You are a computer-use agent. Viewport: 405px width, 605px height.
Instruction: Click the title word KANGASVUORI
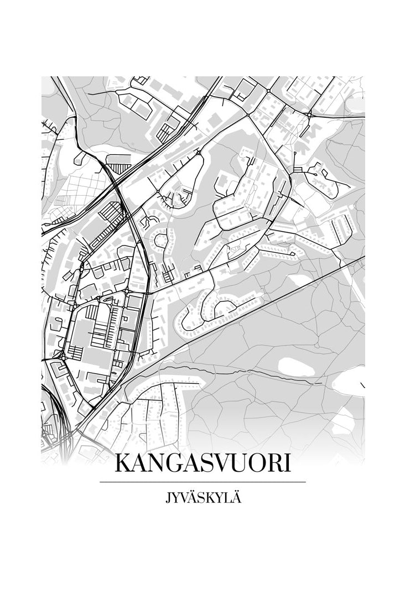202,463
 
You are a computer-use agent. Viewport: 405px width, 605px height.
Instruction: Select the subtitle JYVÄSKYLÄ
202,498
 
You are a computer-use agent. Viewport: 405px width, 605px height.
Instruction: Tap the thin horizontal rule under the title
202,482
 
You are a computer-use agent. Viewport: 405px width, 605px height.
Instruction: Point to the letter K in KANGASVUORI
122,463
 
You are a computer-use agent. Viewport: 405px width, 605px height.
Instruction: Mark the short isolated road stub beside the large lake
363,385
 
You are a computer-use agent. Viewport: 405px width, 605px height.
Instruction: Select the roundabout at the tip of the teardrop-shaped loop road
198,151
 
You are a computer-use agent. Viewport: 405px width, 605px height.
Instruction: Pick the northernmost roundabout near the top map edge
268,90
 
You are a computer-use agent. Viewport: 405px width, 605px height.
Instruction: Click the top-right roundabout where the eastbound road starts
309,114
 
